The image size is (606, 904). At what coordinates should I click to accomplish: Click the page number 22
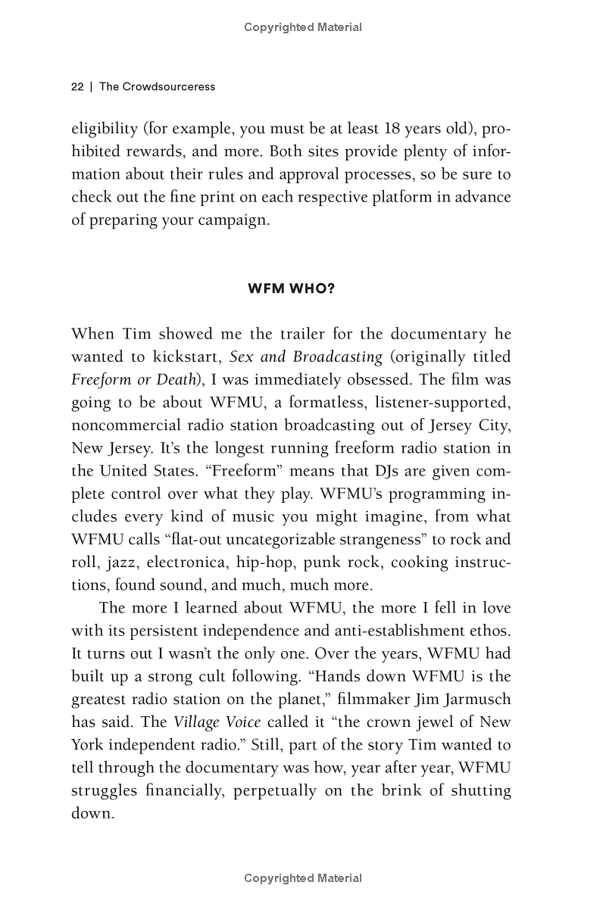click(x=77, y=86)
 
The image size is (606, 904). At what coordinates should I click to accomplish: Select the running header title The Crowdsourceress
click(x=157, y=86)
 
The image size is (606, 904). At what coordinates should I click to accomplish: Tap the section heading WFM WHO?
click(x=291, y=289)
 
